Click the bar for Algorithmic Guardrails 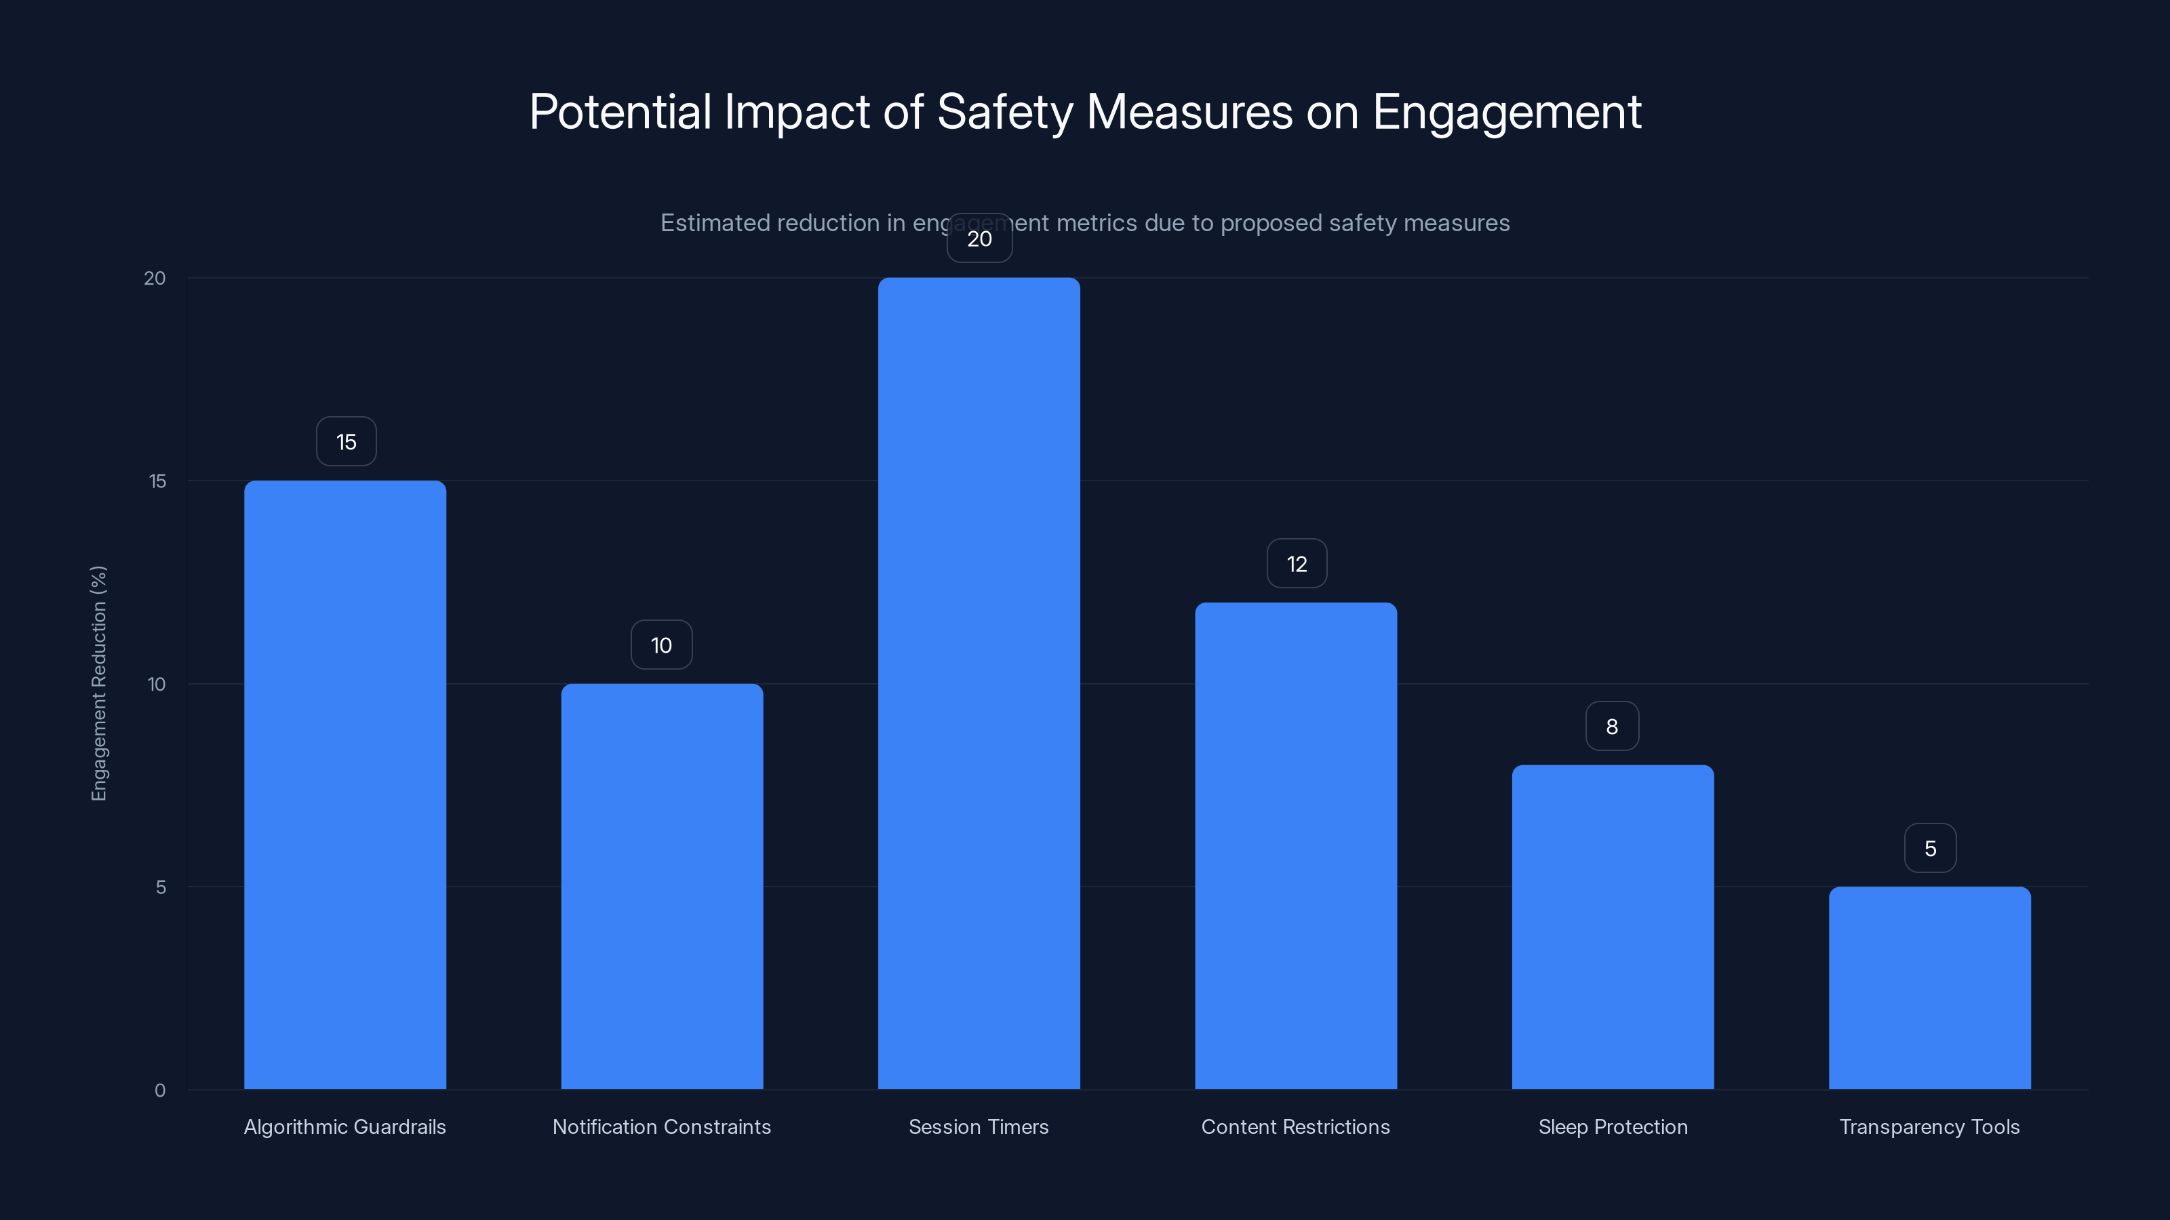tap(344, 785)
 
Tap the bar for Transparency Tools tap(1929, 988)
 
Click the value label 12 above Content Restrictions tap(1297, 564)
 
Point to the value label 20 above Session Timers tap(979, 239)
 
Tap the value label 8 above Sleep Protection tap(1611, 727)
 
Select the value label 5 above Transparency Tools tap(1930, 849)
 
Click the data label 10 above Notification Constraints tap(661, 646)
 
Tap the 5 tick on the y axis tap(161, 887)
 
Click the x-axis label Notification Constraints tap(661, 1126)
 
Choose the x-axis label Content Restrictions tap(1296, 1126)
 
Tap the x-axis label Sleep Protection tap(1613, 1126)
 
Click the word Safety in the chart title tap(1004, 112)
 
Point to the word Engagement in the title tap(1506, 112)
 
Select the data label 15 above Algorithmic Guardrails tap(347, 442)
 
